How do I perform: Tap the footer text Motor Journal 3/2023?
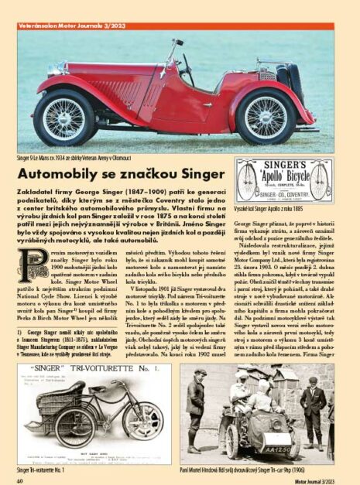coord(317,480)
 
